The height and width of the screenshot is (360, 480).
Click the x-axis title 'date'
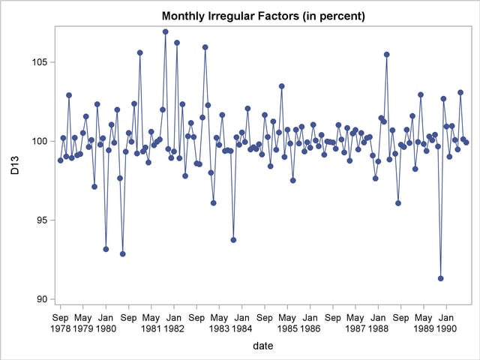(262, 346)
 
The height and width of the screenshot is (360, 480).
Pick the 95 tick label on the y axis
(41, 220)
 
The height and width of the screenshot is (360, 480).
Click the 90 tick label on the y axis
(41, 299)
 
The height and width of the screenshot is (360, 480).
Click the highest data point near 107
(165, 31)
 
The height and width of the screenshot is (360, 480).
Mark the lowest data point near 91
(440, 278)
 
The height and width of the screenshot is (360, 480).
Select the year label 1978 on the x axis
(60, 328)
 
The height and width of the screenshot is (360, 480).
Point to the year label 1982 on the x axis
(173, 328)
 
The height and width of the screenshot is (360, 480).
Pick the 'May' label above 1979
(82, 317)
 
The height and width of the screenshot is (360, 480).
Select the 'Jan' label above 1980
(106, 317)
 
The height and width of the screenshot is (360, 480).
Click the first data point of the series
(60, 160)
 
